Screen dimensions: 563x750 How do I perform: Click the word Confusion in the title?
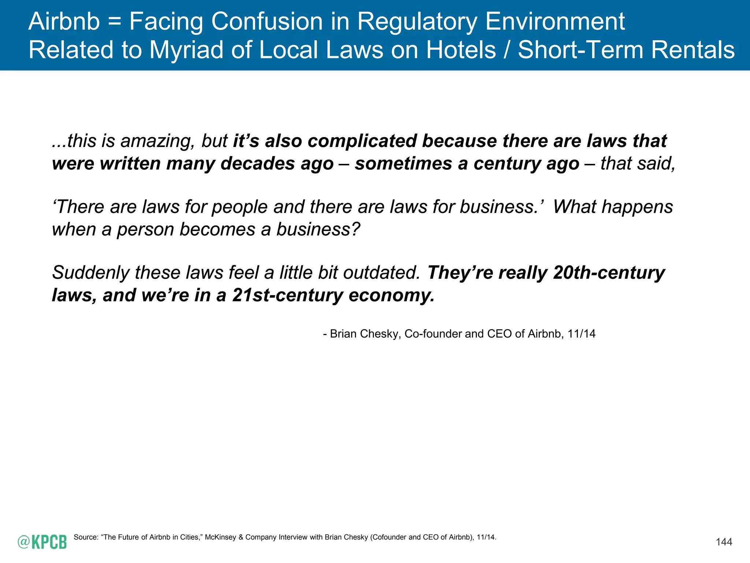pyautogui.click(x=267, y=21)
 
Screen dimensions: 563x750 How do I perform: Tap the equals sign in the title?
pyautogui.click(x=114, y=22)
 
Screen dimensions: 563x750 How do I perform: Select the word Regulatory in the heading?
pyautogui.click(x=417, y=22)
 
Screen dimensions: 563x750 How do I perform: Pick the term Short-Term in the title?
pyautogui.click(x=580, y=50)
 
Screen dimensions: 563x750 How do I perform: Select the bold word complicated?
pyautogui.click(x=362, y=141)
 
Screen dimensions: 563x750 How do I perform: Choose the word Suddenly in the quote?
pyautogui.click(x=90, y=273)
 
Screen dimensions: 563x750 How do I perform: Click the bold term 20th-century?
pyautogui.click(x=609, y=273)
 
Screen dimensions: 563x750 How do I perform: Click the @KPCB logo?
pyautogui.click(x=42, y=542)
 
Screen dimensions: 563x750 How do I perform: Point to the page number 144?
pyautogui.click(x=724, y=542)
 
